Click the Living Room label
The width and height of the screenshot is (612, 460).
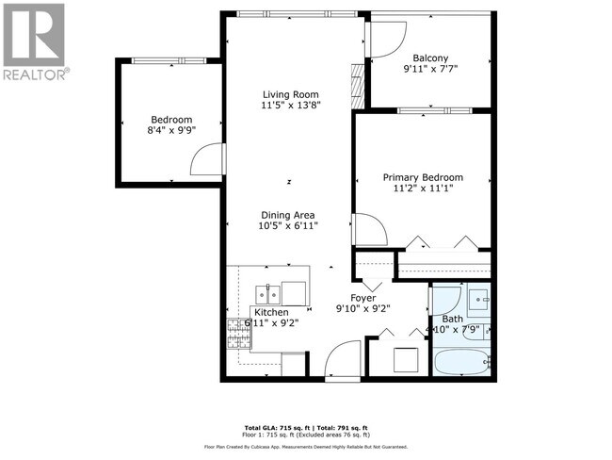[x=290, y=95]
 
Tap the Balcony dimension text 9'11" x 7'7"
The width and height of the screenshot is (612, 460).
[x=429, y=68]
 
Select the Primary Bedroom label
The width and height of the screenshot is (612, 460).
[x=423, y=177]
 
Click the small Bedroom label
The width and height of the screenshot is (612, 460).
[x=171, y=120]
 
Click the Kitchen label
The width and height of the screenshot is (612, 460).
[x=269, y=312]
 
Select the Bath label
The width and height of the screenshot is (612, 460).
[x=453, y=319]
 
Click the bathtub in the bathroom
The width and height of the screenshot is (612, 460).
[x=460, y=362]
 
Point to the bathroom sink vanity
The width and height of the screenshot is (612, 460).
[x=479, y=301]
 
